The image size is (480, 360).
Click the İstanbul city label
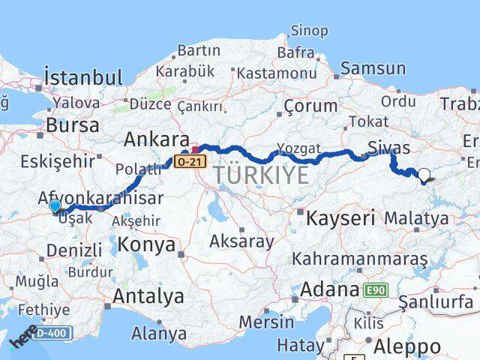pyautogui.click(x=82, y=78)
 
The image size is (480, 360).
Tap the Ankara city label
pyautogui.click(x=156, y=140)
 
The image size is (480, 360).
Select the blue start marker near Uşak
pyautogui.click(x=55, y=206)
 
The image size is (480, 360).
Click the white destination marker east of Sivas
pyautogui.click(x=424, y=176)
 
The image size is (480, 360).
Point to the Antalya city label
pyautogui.click(x=148, y=296)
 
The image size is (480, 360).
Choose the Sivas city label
pyautogui.click(x=388, y=146)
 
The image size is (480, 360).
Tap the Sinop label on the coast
pyautogui.click(x=309, y=31)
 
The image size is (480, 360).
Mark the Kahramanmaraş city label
pyautogui.click(x=359, y=259)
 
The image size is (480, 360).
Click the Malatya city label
pyautogui.click(x=416, y=219)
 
